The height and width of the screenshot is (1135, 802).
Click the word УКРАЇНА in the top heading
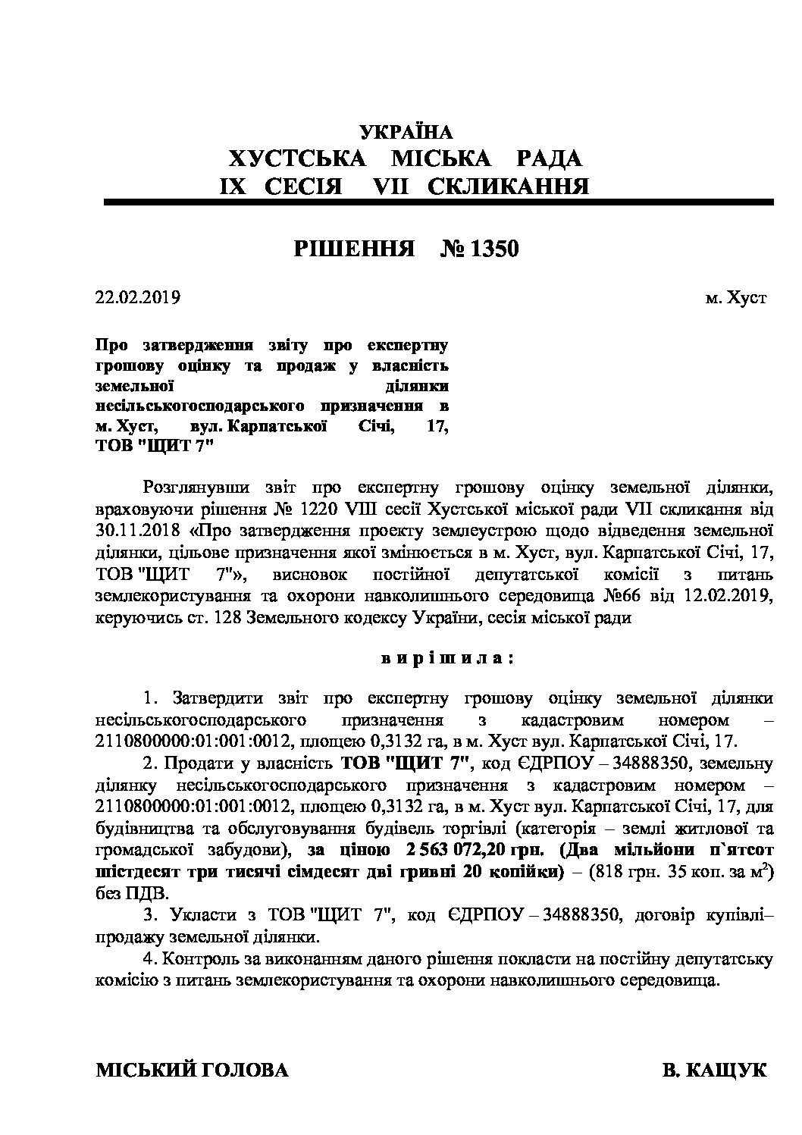(406, 132)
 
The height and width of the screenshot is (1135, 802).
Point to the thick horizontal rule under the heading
(438, 202)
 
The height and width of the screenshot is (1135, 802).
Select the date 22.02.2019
(137, 297)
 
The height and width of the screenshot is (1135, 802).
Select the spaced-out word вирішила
(447, 657)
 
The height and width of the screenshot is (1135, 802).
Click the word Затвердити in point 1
(215, 698)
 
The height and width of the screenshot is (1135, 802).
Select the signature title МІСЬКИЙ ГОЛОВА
(192, 1071)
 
